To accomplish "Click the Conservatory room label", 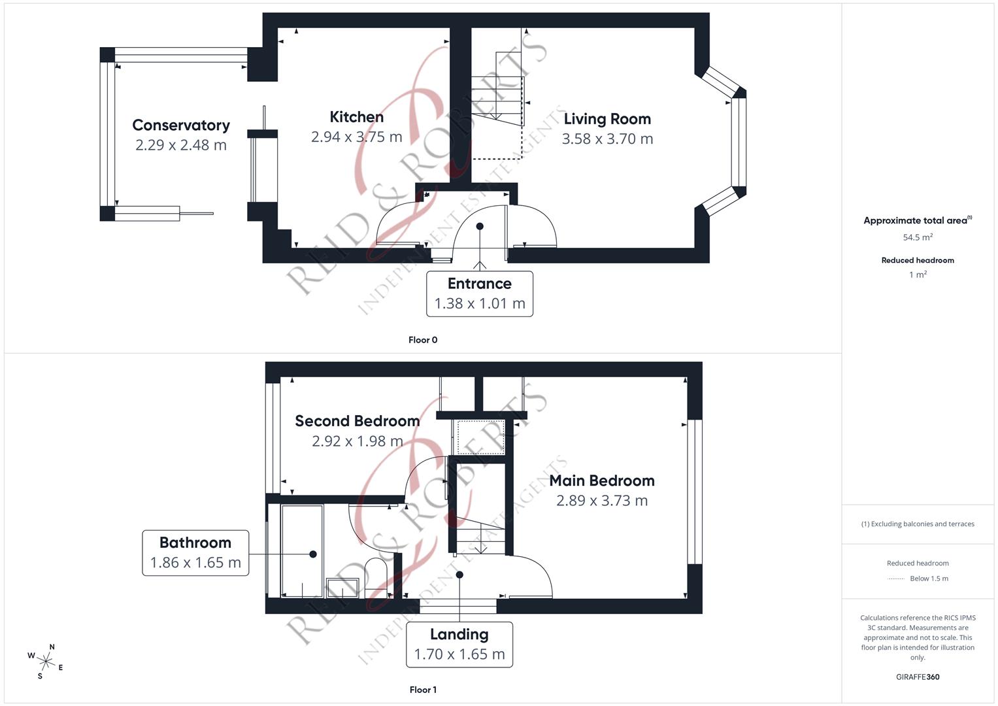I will click(x=180, y=125).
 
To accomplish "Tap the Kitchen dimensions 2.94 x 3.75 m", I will click(x=356, y=137).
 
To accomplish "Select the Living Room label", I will click(x=607, y=119).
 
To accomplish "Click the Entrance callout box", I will click(x=479, y=294).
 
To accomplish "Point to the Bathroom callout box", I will click(x=195, y=553).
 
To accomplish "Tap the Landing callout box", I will click(x=459, y=645).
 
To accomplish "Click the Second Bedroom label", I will click(x=357, y=421).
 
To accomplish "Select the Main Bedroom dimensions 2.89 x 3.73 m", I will click(x=601, y=501).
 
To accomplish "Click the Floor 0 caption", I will click(x=423, y=340).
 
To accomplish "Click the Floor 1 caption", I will click(x=423, y=690).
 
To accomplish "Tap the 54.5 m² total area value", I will click(x=917, y=237).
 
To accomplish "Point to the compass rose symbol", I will click(x=46, y=662).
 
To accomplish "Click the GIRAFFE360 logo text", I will click(x=917, y=677).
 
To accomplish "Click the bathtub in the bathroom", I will click(x=301, y=551).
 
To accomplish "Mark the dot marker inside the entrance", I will click(x=480, y=226).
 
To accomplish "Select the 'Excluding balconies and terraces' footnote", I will click(x=917, y=524).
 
